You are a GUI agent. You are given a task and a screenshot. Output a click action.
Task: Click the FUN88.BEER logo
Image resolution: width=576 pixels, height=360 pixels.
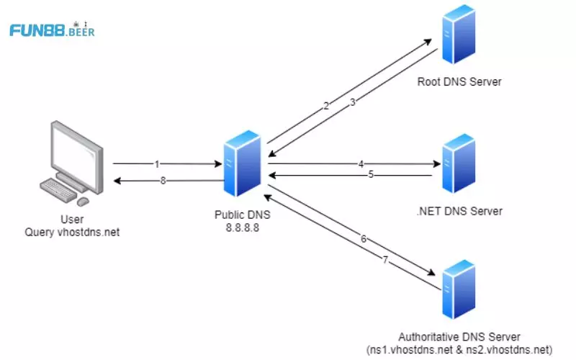(52, 30)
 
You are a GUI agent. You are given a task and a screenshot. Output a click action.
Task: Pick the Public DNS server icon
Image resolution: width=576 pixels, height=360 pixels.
(242, 165)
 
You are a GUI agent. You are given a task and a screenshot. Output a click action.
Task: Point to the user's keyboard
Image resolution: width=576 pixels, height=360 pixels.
(60, 190)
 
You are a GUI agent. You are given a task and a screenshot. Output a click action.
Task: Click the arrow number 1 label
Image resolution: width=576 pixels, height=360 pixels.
(157, 164)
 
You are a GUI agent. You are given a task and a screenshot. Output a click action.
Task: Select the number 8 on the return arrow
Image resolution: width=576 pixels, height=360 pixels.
(163, 181)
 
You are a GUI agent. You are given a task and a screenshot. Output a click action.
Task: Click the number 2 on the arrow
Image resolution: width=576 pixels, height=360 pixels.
(326, 106)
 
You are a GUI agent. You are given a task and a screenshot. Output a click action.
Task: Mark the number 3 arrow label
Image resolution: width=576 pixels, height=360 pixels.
(353, 103)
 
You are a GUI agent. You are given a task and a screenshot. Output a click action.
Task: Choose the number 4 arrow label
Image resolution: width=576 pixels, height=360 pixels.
(361, 164)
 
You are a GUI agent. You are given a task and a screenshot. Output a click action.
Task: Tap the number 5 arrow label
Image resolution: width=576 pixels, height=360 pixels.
(371, 174)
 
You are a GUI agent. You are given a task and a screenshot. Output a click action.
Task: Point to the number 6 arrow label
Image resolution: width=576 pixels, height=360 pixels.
(364, 238)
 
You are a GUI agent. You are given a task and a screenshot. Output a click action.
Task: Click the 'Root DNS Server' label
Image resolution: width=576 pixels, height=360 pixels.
(459, 81)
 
